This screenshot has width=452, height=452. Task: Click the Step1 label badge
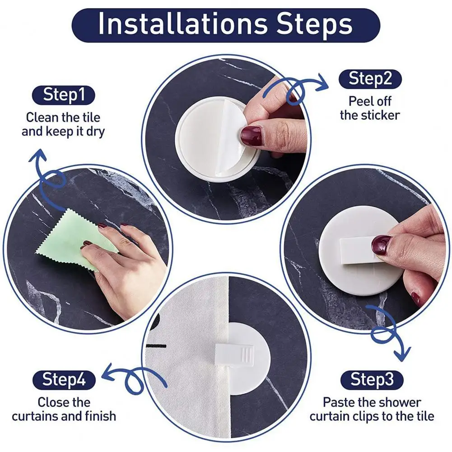pos(63,95)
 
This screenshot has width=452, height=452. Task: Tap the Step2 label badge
pos(370,79)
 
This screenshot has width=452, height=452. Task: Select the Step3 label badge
pos(372,380)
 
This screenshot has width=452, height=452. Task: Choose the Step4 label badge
pos(64,380)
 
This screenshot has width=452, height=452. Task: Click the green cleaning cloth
pos(76,240)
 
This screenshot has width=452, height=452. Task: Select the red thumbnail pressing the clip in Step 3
pos(381,245)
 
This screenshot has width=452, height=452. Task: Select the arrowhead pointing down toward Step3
pos(403,354)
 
